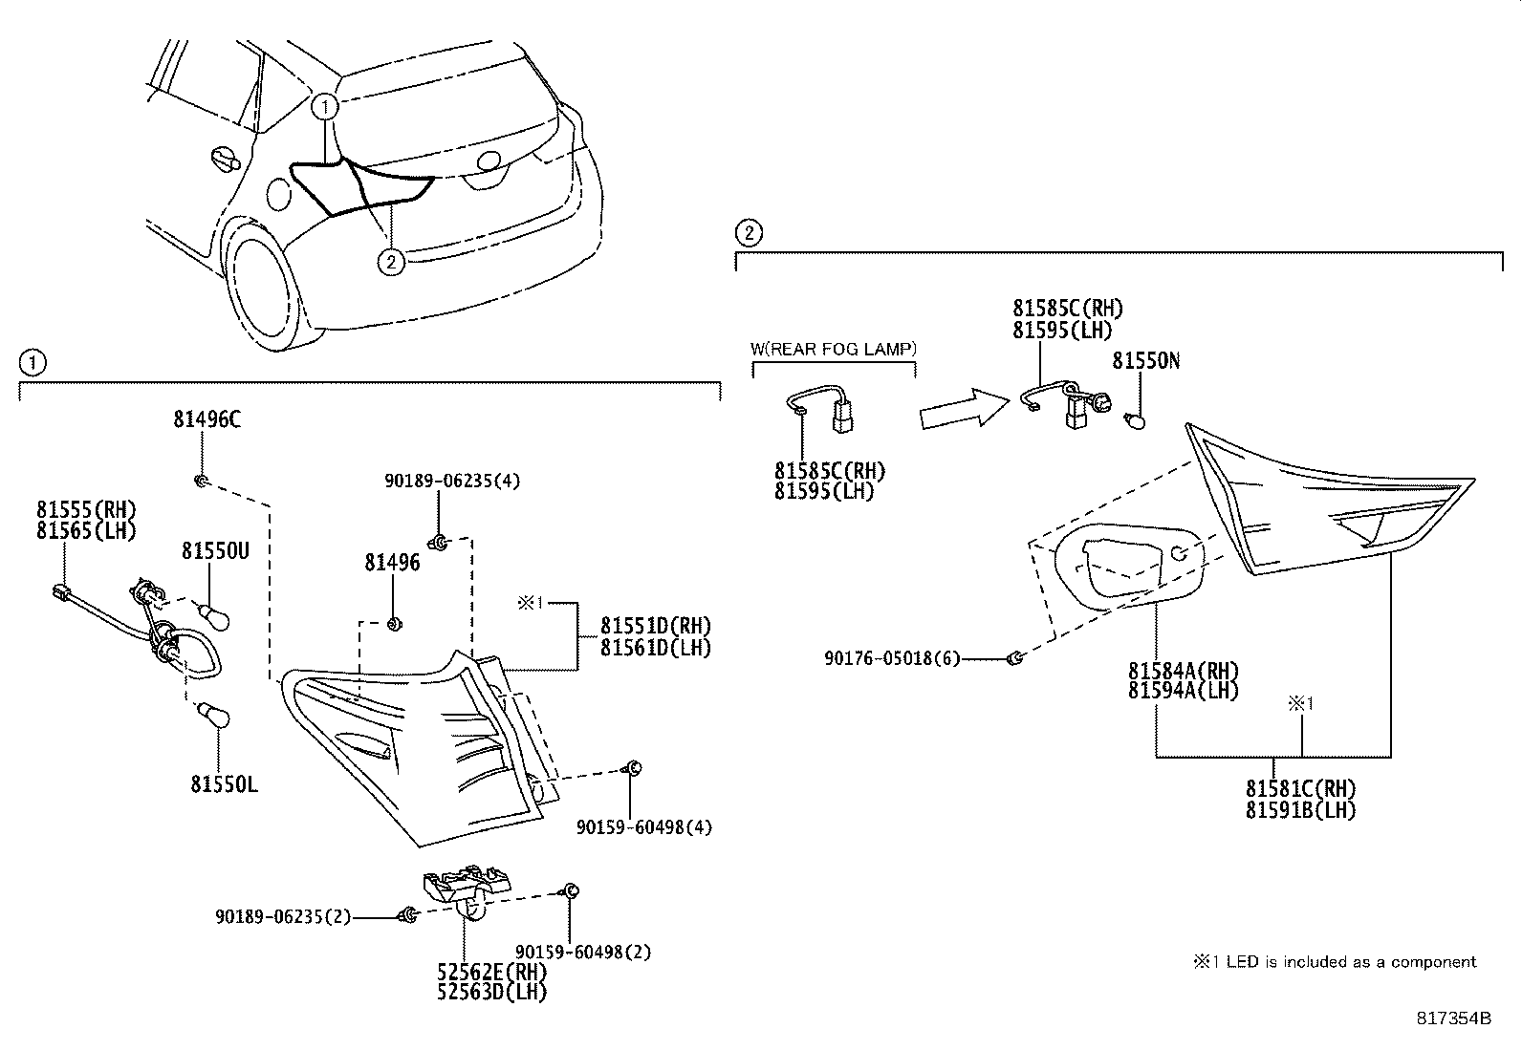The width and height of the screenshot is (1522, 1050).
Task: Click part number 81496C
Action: click(x=207, y=418)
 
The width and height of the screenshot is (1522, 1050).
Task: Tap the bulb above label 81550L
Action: click(x=211, y=716)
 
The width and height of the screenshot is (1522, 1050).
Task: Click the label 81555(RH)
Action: click(x=86, y=509)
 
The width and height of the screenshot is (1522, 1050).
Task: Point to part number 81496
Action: click(x=392, y=564)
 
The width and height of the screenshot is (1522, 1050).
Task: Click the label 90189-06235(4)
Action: click(x=452, y=482)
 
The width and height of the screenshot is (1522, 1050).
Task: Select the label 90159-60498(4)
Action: click(x=644, y=826)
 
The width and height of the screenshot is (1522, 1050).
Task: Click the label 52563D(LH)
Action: click(x=491, y=992)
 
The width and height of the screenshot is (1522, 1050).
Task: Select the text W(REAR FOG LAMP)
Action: click(x=834, y=349)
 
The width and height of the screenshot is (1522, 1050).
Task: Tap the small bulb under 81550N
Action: click(x=1138, y=418)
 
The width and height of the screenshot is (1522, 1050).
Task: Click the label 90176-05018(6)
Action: click(x=892, y=658)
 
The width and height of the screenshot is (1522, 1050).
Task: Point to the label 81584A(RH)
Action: click(x=1183, y=671)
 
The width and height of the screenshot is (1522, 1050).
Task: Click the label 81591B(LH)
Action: click(x=1300, y=809)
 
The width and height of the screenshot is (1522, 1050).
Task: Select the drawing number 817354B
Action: click(x=1453, y=1018)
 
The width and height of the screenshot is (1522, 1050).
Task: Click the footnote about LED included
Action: click(x=1334, y=962)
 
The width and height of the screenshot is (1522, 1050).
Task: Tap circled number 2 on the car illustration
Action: click(x=391, y=261)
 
